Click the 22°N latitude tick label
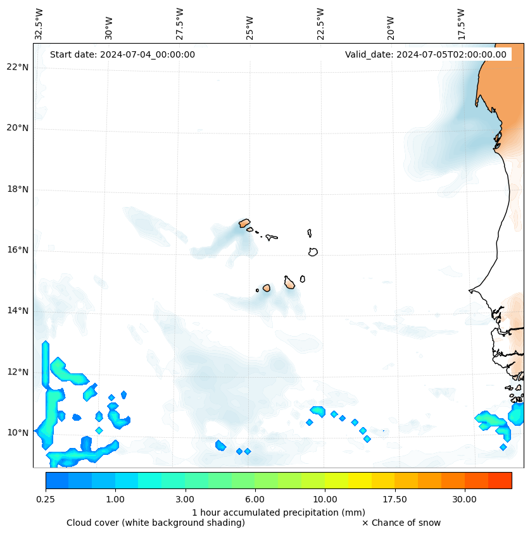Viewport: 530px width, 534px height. pos(17,67)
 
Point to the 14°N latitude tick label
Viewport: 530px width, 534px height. pos(17,311)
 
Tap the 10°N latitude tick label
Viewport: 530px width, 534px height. pos(17,433)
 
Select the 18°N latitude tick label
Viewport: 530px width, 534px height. pos(17,189)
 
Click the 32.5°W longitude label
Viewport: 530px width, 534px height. pos(39,24)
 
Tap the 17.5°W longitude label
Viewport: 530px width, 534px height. pos(461,24)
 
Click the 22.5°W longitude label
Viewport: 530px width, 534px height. pos(320,24)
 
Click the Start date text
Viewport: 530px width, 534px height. pos(122,54)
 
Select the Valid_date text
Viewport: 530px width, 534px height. pos(426,54)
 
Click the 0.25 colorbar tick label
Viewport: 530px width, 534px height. pos(46,499)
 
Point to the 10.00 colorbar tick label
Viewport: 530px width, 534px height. pos(325,499)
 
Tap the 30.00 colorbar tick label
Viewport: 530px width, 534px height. pos(464,499)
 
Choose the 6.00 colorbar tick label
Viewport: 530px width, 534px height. pos(255,499)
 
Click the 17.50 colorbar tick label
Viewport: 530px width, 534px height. pos(394,499)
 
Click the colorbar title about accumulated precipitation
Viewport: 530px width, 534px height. pos(279,512)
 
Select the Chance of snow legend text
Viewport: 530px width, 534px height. pos(405,523)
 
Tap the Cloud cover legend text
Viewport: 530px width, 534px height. pos(156,523)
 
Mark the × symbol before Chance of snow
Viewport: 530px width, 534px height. pos(365,523)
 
